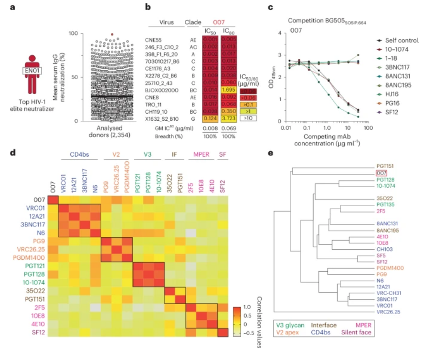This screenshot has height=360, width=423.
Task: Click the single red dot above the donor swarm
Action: click(x=112, y=34)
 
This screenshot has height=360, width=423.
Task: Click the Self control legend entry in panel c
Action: click(x=400, y=41)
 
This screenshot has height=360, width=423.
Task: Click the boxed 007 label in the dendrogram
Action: click(x=381, y=173)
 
